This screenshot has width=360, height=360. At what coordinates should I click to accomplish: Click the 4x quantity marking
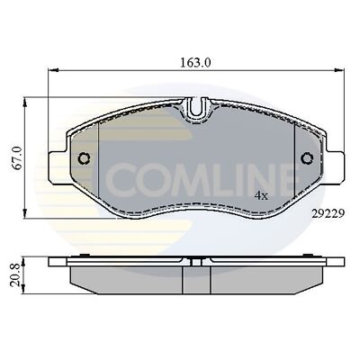261,194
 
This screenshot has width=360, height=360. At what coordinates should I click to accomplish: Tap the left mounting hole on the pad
84,158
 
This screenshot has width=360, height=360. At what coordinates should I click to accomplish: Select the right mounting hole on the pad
306,158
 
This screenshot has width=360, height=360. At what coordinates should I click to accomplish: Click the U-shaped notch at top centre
196,111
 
